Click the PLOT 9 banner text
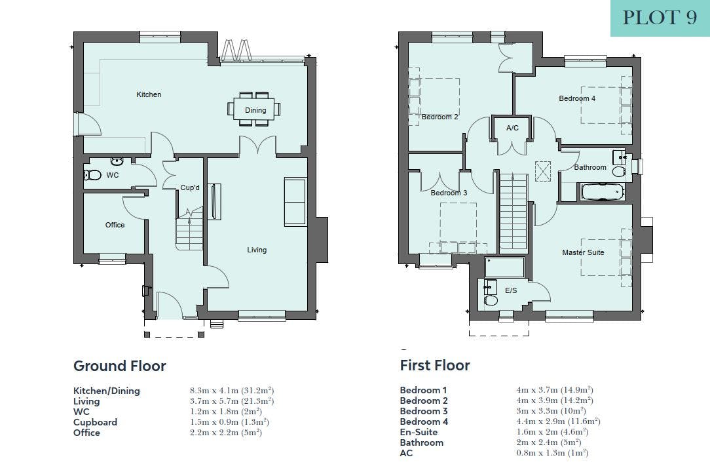(x=660, y=18)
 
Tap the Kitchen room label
(x=149, y=94)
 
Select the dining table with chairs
(x=254, y=109)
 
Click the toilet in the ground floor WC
(x=92, y=174)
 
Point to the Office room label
(x=115, y=225)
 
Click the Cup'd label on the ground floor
(x=190, y=187)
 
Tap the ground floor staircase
(x=189, y=228)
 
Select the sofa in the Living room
(x=295, y=202)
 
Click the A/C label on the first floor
(x=512, y=128)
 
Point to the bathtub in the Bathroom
(x=603, y=191)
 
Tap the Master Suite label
(x=583, y=252)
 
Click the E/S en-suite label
(x=511, y=290)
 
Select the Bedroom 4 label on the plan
(x=577, y=98)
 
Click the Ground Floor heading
(x=120, y=366)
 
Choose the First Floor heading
(x=435, y=365)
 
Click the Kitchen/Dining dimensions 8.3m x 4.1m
(x=232, y=390)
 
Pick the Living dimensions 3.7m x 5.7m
(x=232, y=401)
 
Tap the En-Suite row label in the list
(x=419, y=432)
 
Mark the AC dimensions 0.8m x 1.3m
(x=552, y=453)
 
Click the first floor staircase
(x=514, y=211)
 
